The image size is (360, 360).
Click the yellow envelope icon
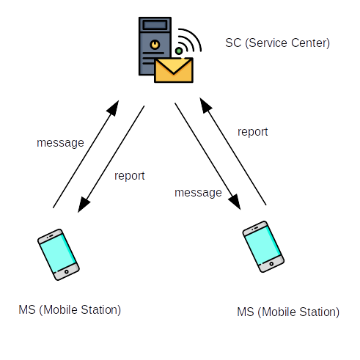[x=174, y=70]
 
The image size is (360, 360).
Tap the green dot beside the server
[x=179, y=51]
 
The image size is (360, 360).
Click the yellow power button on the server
[x=155, y=45]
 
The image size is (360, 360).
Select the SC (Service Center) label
[x=277, y=43]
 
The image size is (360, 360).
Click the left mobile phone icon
[x=59, y=254]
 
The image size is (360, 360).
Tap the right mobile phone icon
[x=263, y=246]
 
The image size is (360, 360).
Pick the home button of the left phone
[x=67, y=272]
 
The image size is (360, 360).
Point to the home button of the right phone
[x=271, y=264]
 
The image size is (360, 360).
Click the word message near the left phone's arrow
[x=60, y=143]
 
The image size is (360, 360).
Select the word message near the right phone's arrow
[x=198, y=193]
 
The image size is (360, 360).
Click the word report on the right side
[x=253, y=132]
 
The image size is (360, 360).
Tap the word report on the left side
[x=130, y=176]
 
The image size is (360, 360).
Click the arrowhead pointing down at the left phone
[x=83, y=205]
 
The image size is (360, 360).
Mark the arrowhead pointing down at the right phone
[x=235, y=202]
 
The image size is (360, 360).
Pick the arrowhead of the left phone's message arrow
[x=114, y=108]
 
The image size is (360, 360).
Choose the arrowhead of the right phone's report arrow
[x=205, y=106]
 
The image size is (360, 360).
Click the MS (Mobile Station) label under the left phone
[x=70, y=310]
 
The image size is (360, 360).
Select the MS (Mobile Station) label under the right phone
[x=288, y=312]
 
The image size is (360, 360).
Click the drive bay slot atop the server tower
[x=155, y=25]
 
